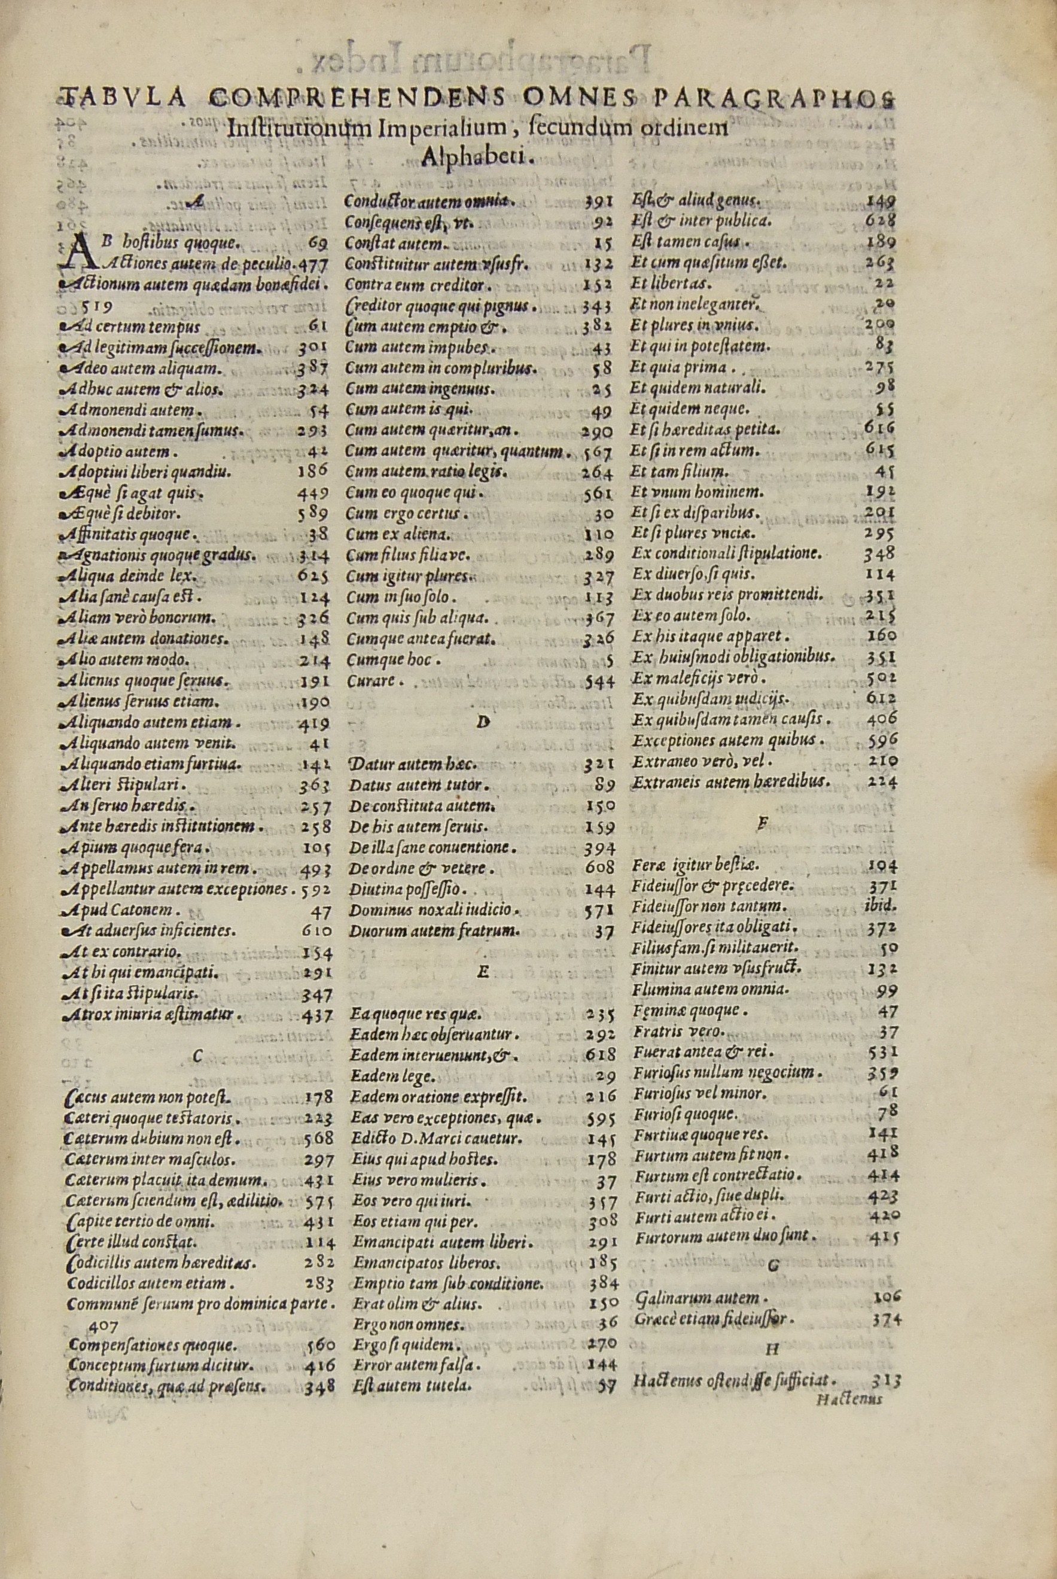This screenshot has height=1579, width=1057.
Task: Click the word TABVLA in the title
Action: pos(123,99)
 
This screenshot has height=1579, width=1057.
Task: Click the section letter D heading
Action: pos(482,722)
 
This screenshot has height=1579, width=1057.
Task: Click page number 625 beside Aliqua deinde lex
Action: pos(313,576)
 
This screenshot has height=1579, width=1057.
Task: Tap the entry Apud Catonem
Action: pos(121,909)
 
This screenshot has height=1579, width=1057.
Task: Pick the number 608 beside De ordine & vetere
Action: pos(599,868)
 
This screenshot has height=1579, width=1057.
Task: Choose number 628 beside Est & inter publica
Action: pos(881,220)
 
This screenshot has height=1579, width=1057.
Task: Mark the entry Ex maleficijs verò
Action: pos(700,677)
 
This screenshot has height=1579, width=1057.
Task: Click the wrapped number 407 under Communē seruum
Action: pos(104,1325)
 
